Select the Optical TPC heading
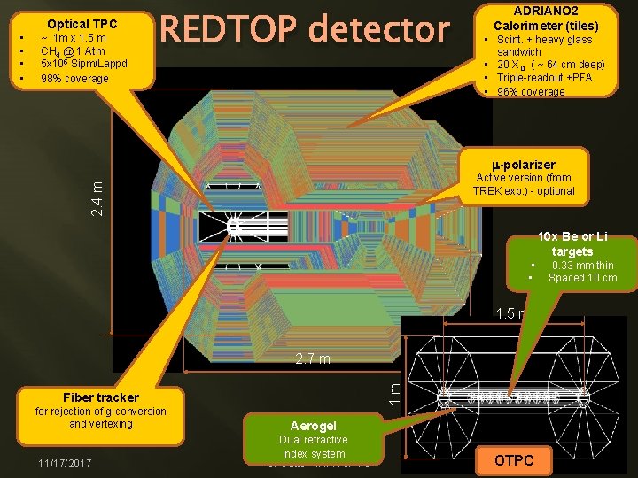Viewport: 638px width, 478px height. (82, 24)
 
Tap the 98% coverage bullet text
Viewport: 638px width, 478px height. (74, 78)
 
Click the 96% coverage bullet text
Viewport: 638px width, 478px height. (531, 92)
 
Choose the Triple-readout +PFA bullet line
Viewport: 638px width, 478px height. (544, 79)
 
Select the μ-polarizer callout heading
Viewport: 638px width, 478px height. (524, 165)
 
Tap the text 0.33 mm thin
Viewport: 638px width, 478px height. (582, 266)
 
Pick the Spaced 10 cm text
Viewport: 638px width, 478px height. (582, 278)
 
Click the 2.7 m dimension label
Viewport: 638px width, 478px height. (313, 359)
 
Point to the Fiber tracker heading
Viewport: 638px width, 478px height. (100, 397)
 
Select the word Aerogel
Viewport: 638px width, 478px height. (314, 425)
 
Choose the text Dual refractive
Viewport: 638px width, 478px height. (314, 440)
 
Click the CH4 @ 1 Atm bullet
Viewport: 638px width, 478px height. (73, 51)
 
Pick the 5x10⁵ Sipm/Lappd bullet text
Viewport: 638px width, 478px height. (84, 64)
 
